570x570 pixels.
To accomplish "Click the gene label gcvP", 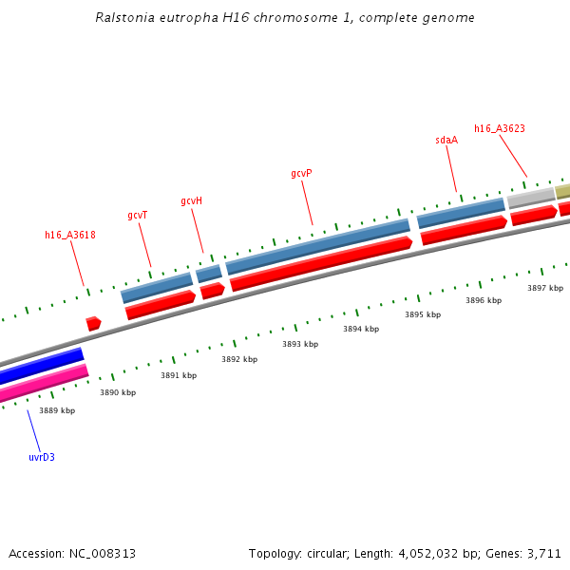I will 301,174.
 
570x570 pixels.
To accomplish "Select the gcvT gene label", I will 138,216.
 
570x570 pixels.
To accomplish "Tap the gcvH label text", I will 191,201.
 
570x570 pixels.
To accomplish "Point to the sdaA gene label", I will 446,141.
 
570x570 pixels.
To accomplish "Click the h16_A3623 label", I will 500,128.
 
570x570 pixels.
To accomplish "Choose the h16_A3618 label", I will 70,235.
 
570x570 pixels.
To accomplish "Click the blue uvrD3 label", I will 42,457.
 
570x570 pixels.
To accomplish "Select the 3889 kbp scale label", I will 57,410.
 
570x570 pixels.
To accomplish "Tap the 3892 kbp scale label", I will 239,359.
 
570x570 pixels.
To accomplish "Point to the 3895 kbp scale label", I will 423,314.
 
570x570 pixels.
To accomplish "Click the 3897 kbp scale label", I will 545,288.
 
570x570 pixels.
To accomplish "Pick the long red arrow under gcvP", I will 321,263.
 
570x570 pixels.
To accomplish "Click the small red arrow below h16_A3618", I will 93,324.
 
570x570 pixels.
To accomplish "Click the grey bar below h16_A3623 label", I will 531,198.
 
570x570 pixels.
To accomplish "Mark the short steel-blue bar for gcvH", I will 209,274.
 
